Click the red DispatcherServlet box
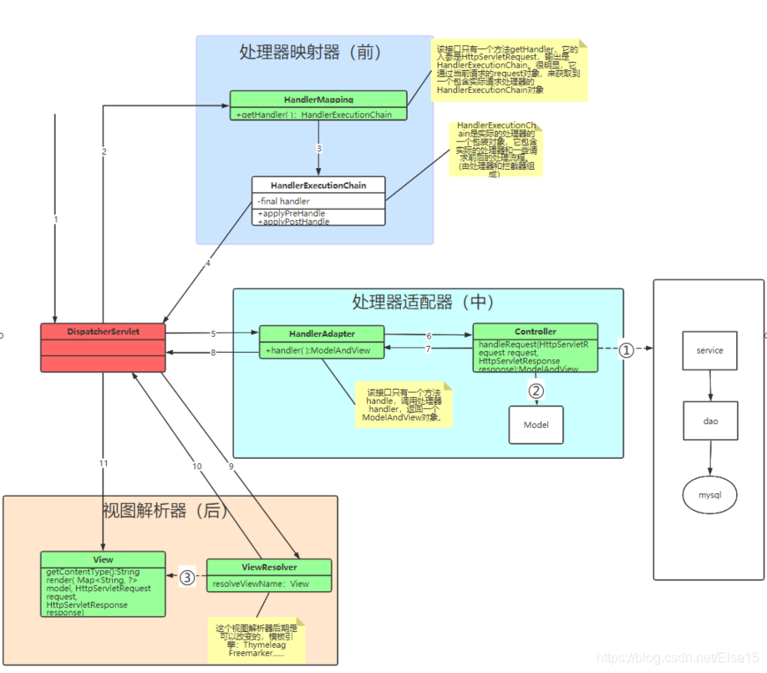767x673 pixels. [x=104, y=346]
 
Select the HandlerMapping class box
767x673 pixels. [x=318, y=105]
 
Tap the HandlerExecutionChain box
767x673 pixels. [x=318, y=200]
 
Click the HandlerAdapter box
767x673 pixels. [x=322, y=341]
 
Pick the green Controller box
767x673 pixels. [x=536, y=346]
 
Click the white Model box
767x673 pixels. [x=536, y=425]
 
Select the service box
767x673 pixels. [x=709, y=350]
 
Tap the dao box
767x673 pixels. [x=709, y=421]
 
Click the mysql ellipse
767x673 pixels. [x=709, y=495]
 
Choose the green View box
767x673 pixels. [x=103, y=584]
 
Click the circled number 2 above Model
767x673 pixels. [x=536, y=390]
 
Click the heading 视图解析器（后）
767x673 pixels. [x=165, y=510]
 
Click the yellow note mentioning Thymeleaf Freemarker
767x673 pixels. [x=257, y=640]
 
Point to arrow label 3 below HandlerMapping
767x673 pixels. [x=318, y=148]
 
